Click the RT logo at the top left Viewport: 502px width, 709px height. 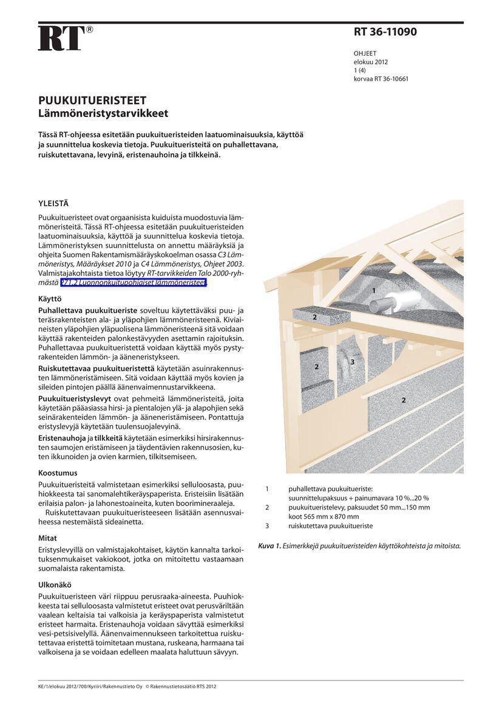(61, 38)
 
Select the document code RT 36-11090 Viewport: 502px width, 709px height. (385, 32)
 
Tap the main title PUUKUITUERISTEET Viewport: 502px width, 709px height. (92, 101)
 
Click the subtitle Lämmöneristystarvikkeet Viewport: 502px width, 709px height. (103, 113)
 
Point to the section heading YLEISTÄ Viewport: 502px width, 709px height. (53, 204)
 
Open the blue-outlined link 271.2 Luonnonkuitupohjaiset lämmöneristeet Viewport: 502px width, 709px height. (134, 282)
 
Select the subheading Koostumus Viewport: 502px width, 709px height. (58, 472)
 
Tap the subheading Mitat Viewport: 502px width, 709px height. (47, 538)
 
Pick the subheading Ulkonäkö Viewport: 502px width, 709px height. (55, 585)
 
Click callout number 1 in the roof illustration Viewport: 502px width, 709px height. (374, 291)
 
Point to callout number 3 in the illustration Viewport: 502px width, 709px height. (352, 362)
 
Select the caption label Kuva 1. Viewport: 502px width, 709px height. (270, 546)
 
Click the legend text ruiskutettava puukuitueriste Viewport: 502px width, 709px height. (331, 526)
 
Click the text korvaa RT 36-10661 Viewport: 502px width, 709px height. (381, 79)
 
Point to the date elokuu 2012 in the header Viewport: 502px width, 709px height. (371, 62)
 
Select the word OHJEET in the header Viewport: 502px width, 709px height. (365, 53)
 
